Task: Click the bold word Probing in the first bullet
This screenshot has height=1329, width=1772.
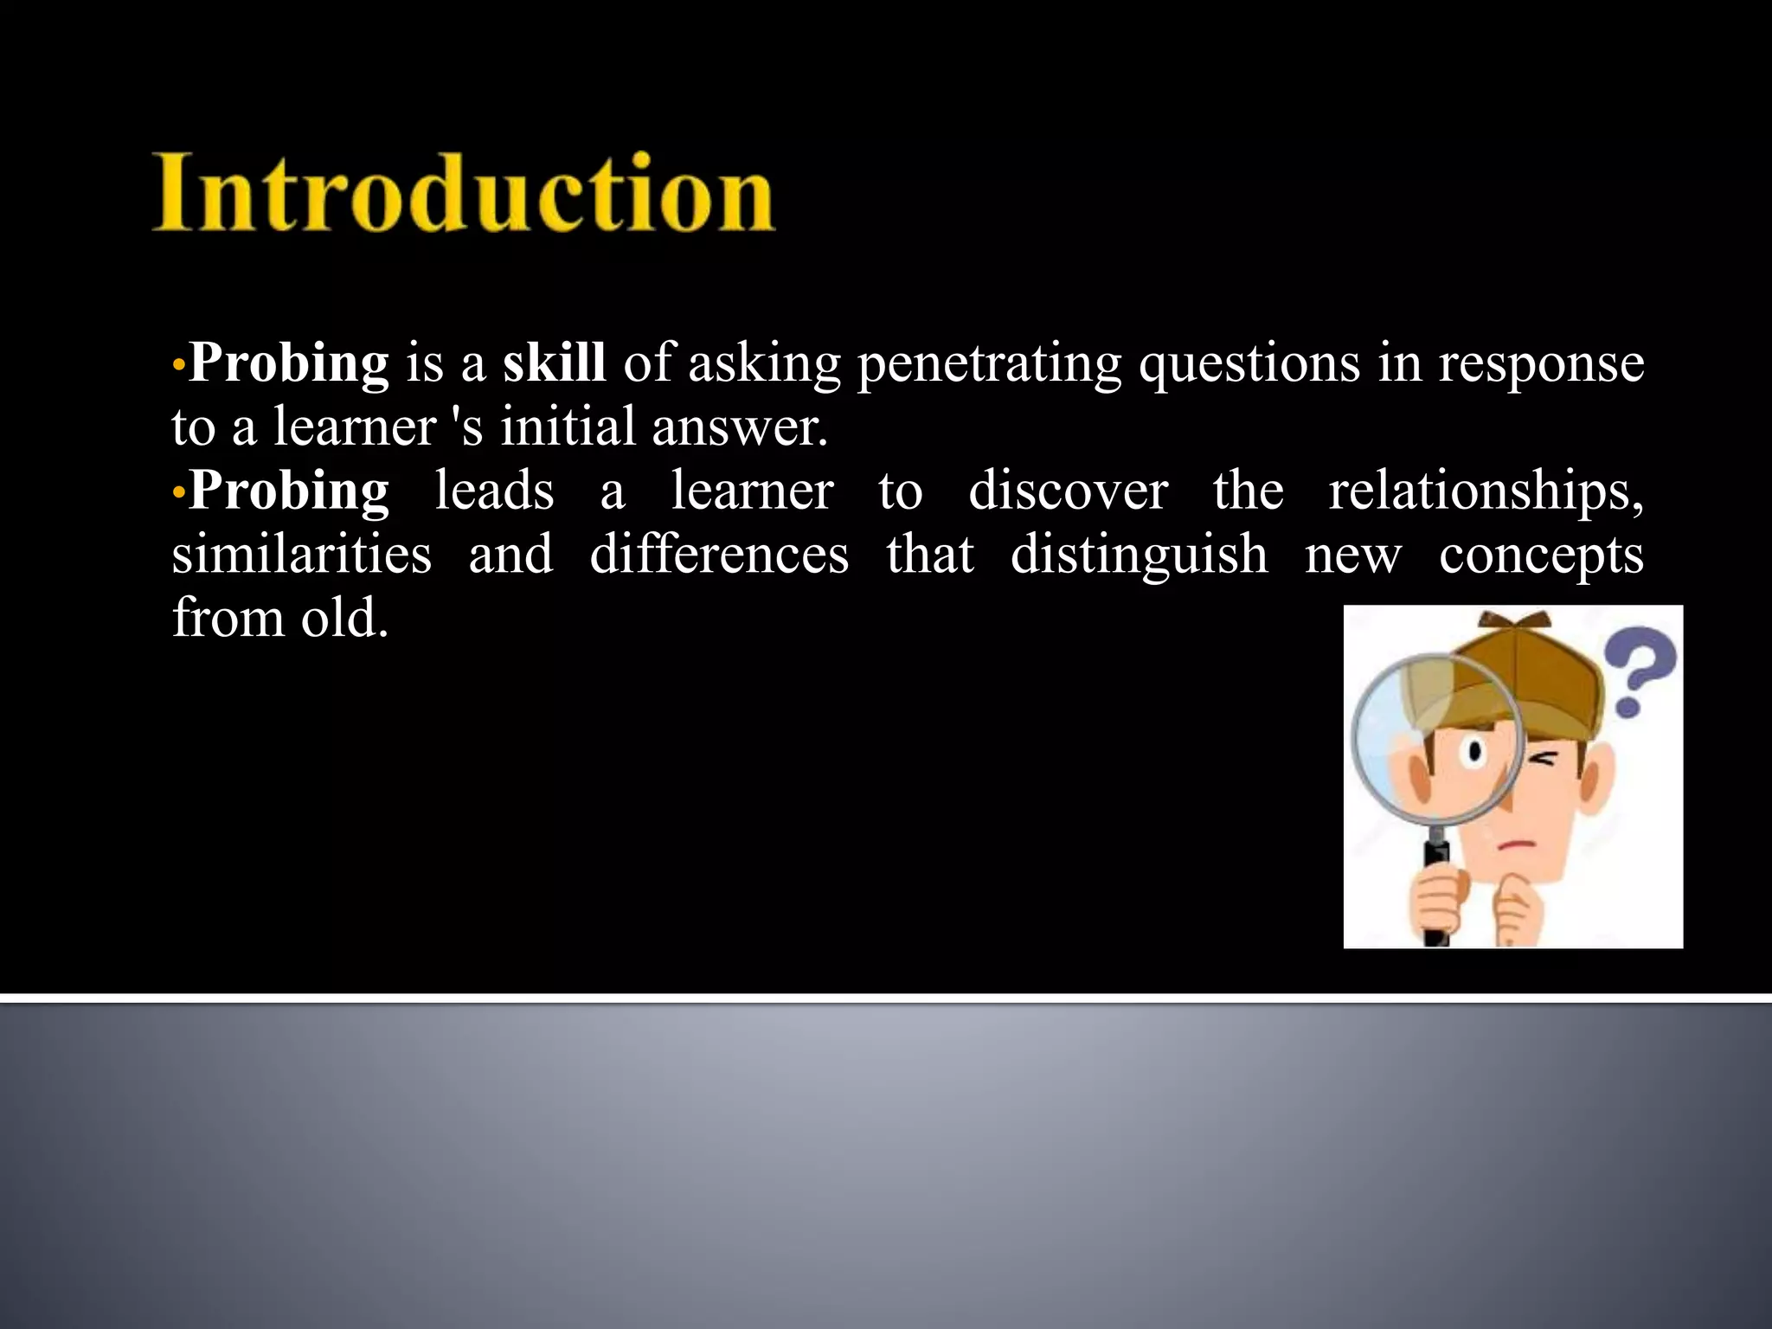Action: (x=289, y=363)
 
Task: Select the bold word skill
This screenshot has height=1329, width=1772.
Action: (x=554, y=363)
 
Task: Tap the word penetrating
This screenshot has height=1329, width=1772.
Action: (x=989, y=364)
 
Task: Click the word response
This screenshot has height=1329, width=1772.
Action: (x=1541, y=364)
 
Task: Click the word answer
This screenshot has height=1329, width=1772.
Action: (x=738, y=428)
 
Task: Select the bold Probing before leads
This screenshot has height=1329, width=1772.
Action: (x=289, y=491)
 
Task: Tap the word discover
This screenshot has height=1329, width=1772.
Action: (x=1068, y=491)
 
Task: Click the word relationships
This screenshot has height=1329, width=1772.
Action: (x=1485, y=492)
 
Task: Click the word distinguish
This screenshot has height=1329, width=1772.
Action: (x=1139, y=555)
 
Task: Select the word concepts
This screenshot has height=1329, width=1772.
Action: (x=1541, y=555)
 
